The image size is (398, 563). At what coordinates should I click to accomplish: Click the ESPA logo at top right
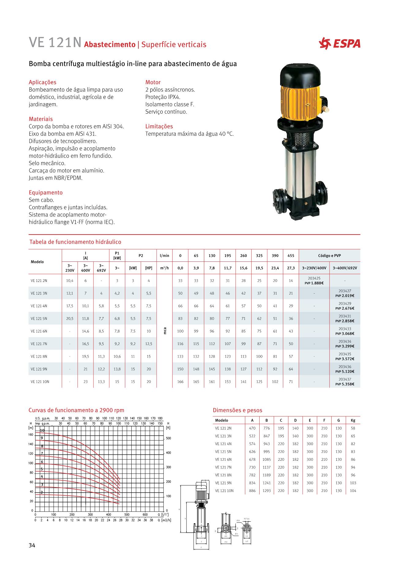tap(340, 43)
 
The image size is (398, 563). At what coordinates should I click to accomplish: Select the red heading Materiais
tap(41, 119)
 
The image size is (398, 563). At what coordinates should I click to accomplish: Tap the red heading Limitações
tap(159, 126)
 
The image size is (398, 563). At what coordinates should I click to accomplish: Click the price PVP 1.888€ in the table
tap(314, 283)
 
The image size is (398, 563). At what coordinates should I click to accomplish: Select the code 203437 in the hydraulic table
tap(345, 379)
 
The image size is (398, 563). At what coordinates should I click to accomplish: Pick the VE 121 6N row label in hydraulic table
tap(39, 331)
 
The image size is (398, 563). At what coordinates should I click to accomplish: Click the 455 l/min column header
tap(291, 256)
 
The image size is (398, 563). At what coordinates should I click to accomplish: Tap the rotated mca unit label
tap(165, 331)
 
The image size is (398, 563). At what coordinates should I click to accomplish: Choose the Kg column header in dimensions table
tap(353, 420)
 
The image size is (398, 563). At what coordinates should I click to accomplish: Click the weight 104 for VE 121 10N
tap(353, 491)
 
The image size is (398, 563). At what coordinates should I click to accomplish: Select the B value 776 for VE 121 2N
tap(266, 428)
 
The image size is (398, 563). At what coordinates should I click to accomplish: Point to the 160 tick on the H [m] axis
tap(31, 435)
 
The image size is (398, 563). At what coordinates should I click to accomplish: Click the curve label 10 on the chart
tap(42, 430)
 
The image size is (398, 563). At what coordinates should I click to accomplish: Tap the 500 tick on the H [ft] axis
tap(168, 438)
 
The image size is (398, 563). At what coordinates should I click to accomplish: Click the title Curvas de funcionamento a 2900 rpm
tap(76, 410)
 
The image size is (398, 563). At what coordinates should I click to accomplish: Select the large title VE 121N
tap(55, 43)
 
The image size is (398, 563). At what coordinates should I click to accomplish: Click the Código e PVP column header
tap(329, 256)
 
